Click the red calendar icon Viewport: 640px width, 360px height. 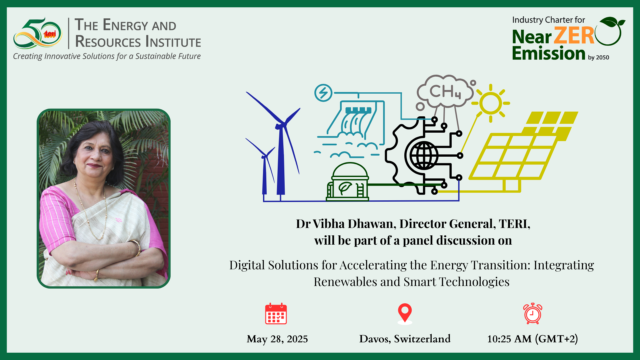(276, 314)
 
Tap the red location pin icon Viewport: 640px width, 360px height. (405, 314)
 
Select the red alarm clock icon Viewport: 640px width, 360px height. (533, 314)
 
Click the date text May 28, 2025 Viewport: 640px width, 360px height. (277, 339)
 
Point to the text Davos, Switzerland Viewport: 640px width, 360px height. (405, 339)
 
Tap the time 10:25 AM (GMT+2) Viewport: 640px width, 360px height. (532, 339)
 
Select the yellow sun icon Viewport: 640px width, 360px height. (491, 103)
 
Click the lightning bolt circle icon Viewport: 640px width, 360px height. (323, 93)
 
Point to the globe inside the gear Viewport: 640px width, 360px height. (424, 155)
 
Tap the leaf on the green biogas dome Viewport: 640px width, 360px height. (345, 188)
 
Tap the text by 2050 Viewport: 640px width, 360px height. (598, 57)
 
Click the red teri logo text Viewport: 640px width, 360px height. (50, 34)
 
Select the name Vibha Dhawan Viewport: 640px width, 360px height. (354, 224)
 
